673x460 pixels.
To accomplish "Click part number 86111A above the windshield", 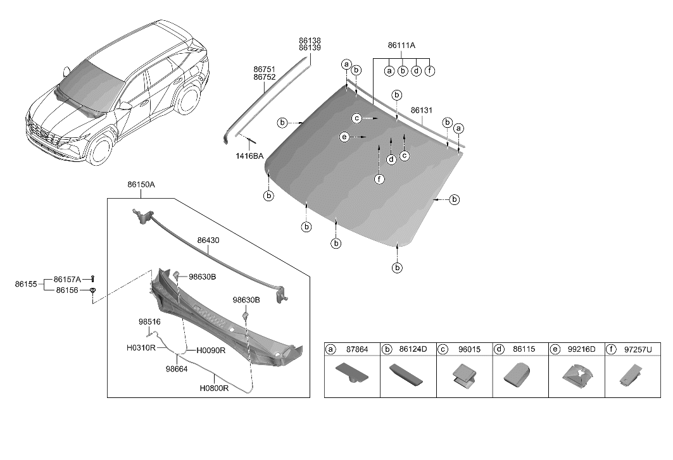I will (x=402, y=46).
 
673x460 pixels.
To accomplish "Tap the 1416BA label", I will (x=249, y=156).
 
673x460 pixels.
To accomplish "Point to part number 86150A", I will (x=141, y=185).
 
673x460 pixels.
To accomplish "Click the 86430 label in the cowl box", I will (x=209, y=240).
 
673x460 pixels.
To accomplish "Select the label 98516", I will (x=149, y=321).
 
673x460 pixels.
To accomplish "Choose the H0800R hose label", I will (x=214, y=389).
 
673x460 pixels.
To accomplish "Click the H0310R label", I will (x=141, y=348).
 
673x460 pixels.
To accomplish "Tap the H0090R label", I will (x=211, y=350).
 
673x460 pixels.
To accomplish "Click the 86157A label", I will (x=67, y=279).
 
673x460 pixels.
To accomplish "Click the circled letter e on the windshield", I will (x=344, y=137).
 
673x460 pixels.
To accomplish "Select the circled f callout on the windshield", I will (x=379, y=180).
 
